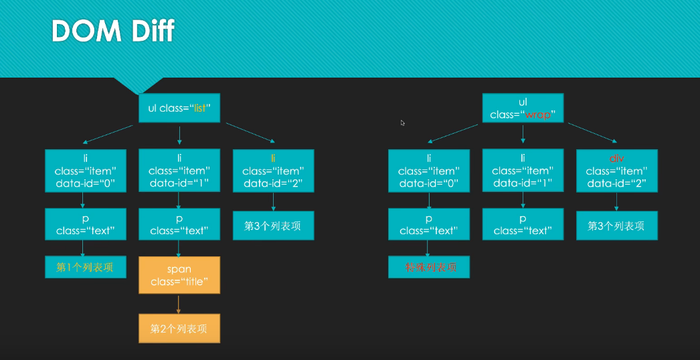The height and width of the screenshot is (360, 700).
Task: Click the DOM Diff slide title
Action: (x=113, y=31)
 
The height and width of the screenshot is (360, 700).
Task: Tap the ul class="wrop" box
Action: (x=523, y=108)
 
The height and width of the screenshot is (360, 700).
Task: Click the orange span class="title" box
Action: (x=179, y=275)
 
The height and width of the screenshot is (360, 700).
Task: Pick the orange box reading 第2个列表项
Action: (x=179, y=329)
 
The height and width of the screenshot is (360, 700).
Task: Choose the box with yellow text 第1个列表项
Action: (x=85, y=267)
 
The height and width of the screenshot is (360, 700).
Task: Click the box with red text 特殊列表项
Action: (x=429, y=267)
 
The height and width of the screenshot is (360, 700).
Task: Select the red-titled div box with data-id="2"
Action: (x=616, y=171)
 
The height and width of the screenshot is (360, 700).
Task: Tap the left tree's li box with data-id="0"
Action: (x=85, y=171)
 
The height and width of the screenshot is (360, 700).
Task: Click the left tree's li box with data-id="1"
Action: (x=179, y=171)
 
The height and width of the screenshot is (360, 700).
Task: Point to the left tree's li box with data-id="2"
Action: (x=273, y=171)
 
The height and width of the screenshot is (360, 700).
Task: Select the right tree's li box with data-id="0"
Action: (x=429, y=171)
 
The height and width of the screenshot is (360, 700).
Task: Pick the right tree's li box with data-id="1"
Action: (x=523, y=171)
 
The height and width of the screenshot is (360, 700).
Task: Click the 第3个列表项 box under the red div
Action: (x=616, y=226)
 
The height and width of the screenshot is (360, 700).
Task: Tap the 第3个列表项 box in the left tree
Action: (x=273, y=226)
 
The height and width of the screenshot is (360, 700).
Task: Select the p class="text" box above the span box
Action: (x=179, y=225)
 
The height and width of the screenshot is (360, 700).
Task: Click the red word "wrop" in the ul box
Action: (x=538, y=114)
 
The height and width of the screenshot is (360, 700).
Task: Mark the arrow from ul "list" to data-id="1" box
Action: (x=179, y=135)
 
